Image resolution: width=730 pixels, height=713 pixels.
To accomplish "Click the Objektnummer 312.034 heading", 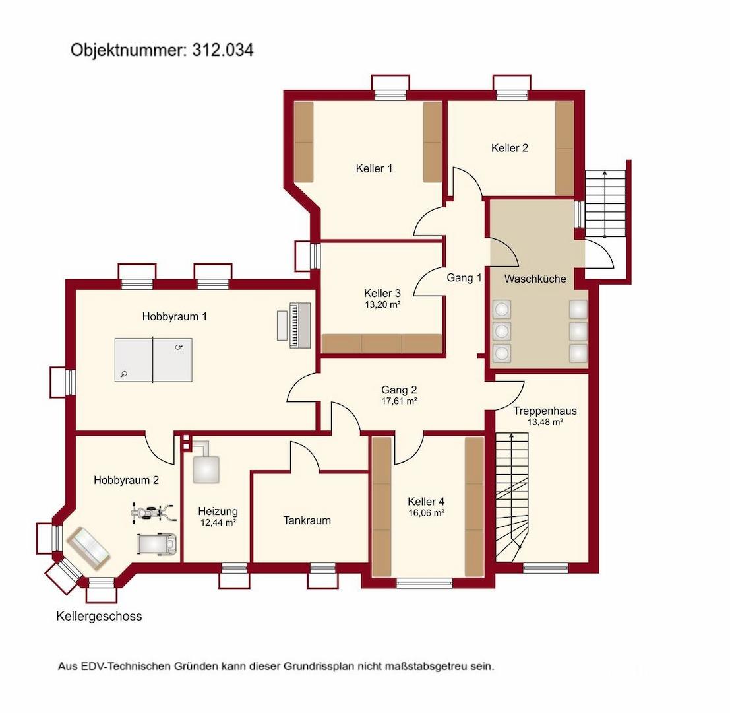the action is (162, 50).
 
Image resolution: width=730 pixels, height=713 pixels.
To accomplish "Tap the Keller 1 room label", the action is (374, 168).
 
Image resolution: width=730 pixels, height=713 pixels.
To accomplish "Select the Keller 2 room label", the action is (509, 148).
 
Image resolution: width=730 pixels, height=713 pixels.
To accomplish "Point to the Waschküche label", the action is (535, 279).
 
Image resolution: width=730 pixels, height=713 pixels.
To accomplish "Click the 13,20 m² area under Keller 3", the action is (382, 305).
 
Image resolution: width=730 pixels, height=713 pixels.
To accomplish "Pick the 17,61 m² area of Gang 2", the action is (399, 401).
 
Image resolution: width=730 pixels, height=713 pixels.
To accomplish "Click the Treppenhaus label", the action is (545, 411).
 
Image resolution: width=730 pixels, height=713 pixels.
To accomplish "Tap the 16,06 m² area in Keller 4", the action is (426, 512).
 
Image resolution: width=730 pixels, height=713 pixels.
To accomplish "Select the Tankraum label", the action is (307, 520).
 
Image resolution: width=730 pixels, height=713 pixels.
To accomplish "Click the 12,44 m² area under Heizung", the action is (218, 522).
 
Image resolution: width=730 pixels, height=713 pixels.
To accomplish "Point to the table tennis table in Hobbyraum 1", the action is (153, 360).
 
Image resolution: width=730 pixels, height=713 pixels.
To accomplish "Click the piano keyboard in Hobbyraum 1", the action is (300, 325).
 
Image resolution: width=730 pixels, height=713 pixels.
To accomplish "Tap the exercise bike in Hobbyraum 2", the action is (153, 514).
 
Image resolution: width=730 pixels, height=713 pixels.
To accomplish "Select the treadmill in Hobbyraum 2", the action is (158, 544).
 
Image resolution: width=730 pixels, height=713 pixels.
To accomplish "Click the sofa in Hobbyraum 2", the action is (88, 549).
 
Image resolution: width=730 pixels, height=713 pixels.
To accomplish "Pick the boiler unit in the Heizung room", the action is (205, 467).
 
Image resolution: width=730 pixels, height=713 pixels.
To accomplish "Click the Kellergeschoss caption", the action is (99, 616).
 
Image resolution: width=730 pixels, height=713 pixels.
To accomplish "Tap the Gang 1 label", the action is (464, 278).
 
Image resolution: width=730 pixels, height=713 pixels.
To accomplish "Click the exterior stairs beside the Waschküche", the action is (605, 203).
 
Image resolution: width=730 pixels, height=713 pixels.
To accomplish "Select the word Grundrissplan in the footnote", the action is (319, 666).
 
